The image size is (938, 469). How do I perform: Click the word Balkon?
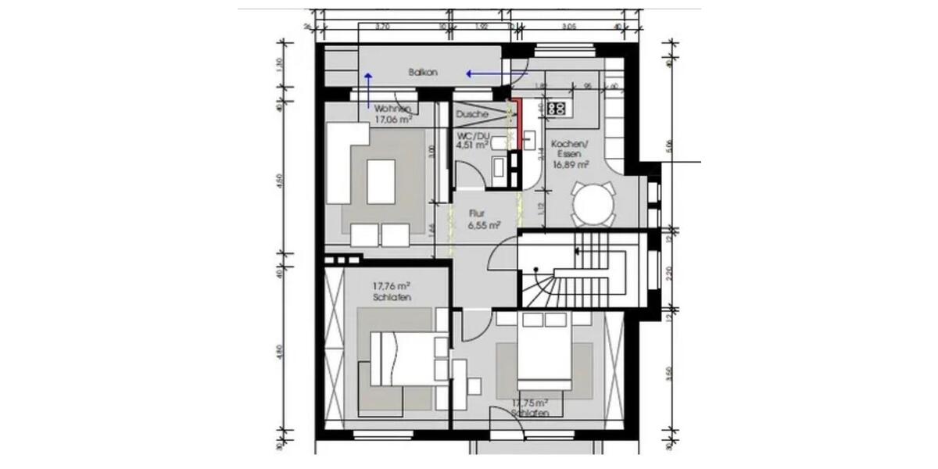pyautogui.click(x=422, y=72)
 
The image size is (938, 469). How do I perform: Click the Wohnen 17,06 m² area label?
pyautogui.click(x=393, y=115)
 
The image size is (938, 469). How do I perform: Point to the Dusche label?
pyautogui.click(x=473, y=114)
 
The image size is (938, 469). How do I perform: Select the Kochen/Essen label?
pyautogui.click(x=569, y=154)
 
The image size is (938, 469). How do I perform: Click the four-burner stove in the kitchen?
pyautogui.click(x=557, y=109)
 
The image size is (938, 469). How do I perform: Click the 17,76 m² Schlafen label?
pyautogui.click(x=392, y=292)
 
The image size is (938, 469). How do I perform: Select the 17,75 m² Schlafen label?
pyautogui.click(x=530, y=408)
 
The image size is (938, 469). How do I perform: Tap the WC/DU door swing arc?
pyautogui.click(x=467, y=174)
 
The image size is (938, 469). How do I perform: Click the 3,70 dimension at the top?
pyautogui.click(x=383, y=27)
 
